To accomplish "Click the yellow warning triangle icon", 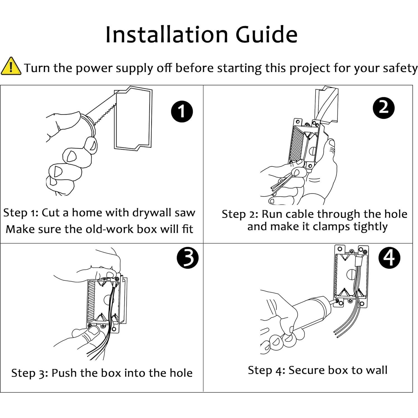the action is (x=11, y=66).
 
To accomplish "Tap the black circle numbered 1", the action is (x=182, y=111).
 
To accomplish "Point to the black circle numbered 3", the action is (x=188, y=258).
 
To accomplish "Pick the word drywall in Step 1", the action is (x=152, y=213).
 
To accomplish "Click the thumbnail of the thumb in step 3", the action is (x=93, y=331).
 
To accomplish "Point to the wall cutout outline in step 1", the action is (x=133, y=119).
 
